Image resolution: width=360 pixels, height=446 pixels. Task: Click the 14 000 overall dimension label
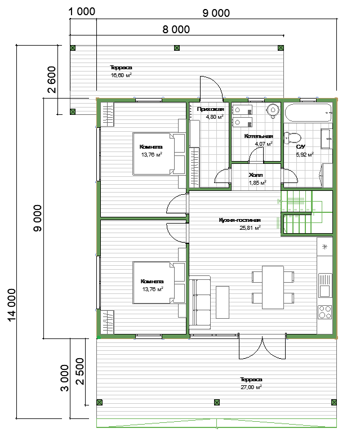tap(11, 305)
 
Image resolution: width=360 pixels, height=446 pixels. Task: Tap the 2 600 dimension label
tap(52, 79)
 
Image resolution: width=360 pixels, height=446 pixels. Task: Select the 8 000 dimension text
tap(176, 29)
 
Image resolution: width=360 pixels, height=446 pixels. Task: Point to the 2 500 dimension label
tap(80, 371)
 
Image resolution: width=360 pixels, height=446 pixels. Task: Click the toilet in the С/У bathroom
tap(292, 138)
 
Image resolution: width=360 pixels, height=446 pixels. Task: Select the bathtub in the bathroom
tap(308, 113)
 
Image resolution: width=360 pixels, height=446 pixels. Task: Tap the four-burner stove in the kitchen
tap(325, 312)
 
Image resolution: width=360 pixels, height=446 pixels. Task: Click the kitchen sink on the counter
tap(325, 286)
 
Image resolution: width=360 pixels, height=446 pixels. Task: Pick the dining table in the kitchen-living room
tap(273, 287)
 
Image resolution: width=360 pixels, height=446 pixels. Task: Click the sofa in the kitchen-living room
tap(200, 302)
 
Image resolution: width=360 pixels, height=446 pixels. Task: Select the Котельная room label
tap(259, 136)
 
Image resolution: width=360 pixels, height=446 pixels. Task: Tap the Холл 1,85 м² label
tap(257, 179)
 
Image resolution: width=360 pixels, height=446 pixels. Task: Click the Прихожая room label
tap(210, 109)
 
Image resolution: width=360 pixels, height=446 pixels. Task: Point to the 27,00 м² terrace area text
tap(251, 387)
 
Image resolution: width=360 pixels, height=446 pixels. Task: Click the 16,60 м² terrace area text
tap(121, 75)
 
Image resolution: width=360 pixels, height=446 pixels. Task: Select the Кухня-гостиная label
tap(239, 220)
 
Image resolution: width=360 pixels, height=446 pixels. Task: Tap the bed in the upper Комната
tap(159, 154)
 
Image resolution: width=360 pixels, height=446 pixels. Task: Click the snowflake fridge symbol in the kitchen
tap(325, 247)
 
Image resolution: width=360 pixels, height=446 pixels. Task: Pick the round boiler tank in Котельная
tap(273, 110)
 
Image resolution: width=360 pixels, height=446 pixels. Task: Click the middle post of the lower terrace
tap(217, 402)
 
